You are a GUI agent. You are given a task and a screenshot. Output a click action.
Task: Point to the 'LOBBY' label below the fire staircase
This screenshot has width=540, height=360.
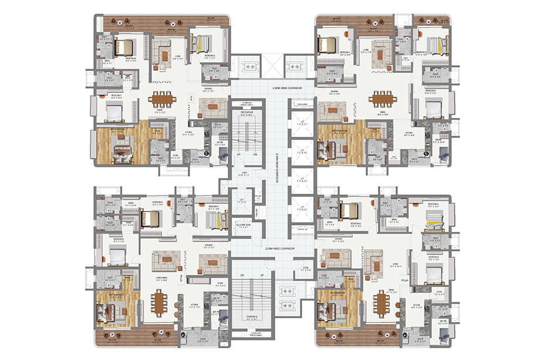[x=244, y=173]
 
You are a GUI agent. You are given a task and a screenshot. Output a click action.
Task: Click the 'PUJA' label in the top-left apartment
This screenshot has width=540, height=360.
[x=190, y=98]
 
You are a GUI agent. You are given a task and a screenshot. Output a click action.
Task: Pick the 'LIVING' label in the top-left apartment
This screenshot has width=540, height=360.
[x=177, y=56]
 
